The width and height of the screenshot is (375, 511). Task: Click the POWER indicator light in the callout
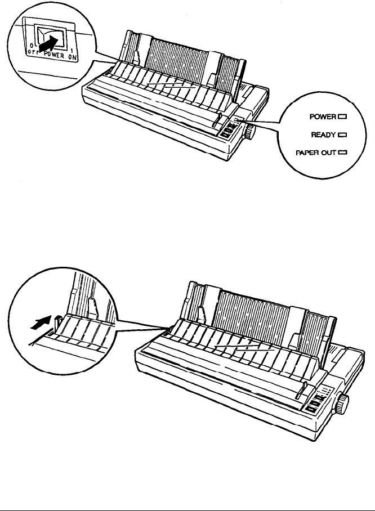341,117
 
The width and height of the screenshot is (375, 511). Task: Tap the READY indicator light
341,135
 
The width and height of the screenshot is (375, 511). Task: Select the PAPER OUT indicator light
341,152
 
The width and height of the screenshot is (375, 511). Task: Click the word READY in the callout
323,135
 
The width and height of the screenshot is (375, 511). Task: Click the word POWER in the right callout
322,117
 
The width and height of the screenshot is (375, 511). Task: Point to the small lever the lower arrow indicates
59,322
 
